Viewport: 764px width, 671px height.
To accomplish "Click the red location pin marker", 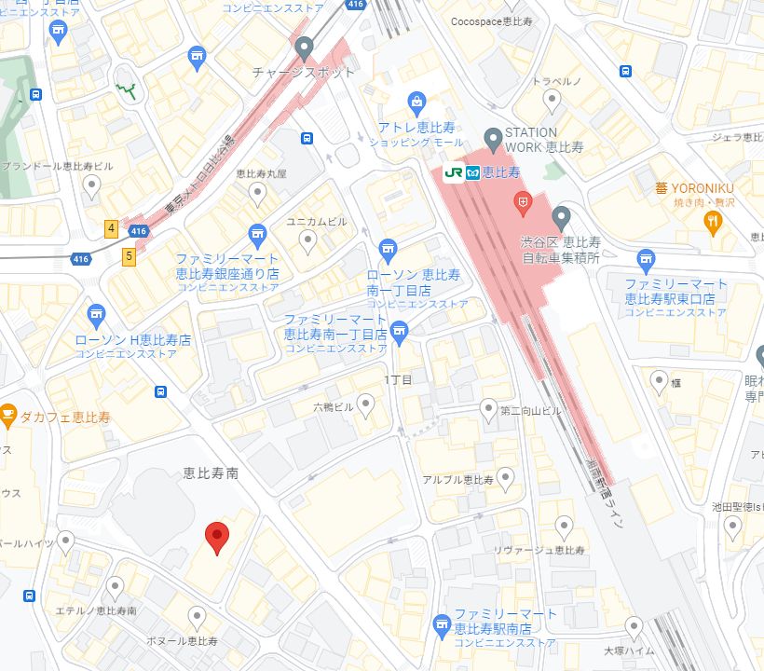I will coord(216,536).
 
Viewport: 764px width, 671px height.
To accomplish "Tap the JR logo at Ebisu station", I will coord(454,172).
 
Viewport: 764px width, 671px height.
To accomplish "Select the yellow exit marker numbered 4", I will coord(111,227).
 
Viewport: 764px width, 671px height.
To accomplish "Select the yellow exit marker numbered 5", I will coord(129,253).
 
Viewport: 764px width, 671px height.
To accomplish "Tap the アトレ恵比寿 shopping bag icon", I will coord(417,101).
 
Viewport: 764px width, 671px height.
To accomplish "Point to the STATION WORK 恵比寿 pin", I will coord(494,137).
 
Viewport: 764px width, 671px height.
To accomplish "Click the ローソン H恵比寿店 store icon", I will coord(95,315).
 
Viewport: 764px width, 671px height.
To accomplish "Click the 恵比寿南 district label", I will coord(211,473).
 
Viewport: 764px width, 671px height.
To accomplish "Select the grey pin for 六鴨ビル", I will coord(366,403).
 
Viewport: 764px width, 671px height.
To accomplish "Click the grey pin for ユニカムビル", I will coord(308,241).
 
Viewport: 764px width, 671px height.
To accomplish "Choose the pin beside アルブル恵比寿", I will coord(506,478).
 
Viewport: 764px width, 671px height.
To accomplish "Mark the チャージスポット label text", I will coord(304,72).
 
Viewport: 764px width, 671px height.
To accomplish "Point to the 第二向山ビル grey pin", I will coord(488,407).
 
